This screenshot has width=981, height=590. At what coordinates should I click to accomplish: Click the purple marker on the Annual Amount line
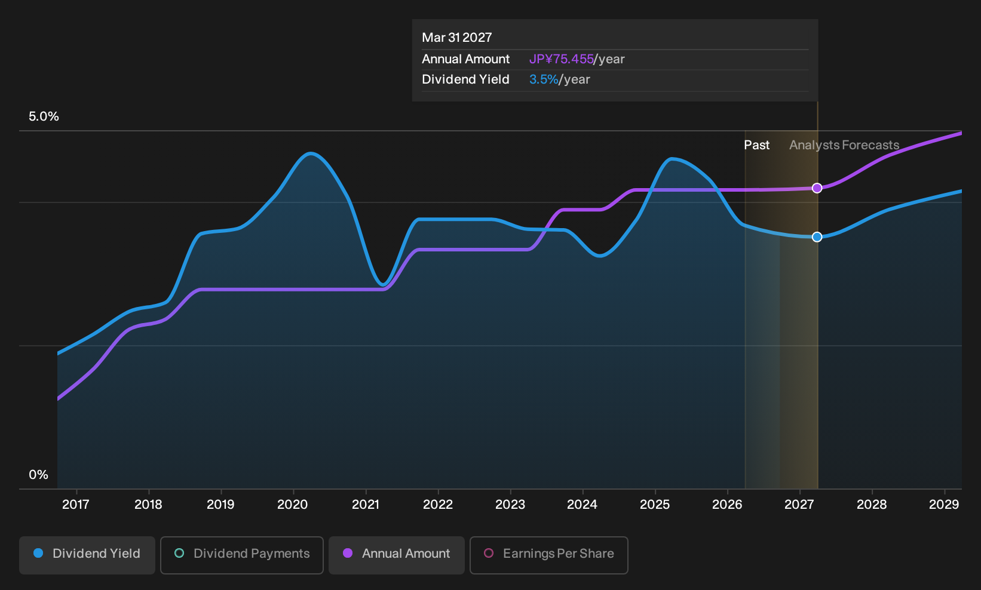click(x=817, y=188)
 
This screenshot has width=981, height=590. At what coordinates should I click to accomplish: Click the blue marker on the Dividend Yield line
click(x=817, y=237)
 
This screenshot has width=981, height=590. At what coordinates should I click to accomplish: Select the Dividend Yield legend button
click(x=87, y=555)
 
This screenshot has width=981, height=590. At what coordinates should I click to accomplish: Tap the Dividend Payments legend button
click(x=242, y=555)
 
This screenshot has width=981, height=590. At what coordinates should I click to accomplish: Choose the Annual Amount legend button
click(x=396, y=555)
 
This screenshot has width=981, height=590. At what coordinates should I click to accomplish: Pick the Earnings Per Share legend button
click(x=548, y=555)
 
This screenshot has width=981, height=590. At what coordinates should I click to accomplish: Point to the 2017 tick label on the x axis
click(x=76, y=505)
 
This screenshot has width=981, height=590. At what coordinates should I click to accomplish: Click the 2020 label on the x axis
click(x=293, y=505)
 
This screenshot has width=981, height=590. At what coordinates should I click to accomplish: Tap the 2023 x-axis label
click(x=510, y=505)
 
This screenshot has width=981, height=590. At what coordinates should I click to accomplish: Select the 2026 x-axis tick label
click(x=727, y=505)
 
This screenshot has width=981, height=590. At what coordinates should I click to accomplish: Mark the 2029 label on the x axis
click(x=944, y=505)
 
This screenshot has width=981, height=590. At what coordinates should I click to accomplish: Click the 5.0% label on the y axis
click(x=44, y=116)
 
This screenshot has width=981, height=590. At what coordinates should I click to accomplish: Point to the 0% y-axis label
click(x=39, y=475)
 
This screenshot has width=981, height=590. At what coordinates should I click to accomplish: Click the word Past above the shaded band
click(x=757, y=145)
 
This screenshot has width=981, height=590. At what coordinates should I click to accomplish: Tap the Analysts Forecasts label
click(x=844, y=145)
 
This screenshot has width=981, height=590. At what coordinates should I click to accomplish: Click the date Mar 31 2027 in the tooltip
click(x=457, y=38)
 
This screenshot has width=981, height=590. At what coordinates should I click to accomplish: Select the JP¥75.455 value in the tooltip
click(x=562, y=59)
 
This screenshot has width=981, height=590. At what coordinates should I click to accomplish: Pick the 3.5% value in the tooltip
click(x=544, y=79)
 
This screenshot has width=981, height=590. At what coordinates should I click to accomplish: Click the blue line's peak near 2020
click(x=311, y=153)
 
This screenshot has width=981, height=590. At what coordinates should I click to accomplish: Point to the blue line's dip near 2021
click(x=383, y=285)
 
